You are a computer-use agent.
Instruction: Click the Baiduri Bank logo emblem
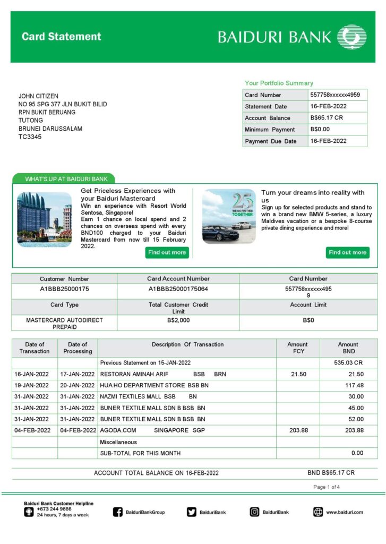coord(351,37)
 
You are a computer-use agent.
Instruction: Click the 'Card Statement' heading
coord(61,37)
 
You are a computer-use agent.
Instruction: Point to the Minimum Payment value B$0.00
coord(320,129)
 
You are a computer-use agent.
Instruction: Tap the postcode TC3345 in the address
coord(30,137)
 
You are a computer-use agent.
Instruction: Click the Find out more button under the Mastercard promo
coord(167,252)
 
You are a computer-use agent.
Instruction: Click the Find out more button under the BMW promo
coord(347,252)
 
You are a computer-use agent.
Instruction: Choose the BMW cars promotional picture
coord(229,217)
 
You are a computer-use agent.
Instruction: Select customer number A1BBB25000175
coord(64,289)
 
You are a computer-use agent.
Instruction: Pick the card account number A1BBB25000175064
coord(178,289)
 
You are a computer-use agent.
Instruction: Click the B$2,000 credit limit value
coord(178,320)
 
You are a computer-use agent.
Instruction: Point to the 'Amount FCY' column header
coord(297,347)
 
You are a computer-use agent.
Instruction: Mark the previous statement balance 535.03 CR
coord(350,363)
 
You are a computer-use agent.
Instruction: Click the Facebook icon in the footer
coord(118,512)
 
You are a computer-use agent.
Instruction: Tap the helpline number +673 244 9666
coord(54,509)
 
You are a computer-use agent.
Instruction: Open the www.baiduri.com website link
coord(344,512)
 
